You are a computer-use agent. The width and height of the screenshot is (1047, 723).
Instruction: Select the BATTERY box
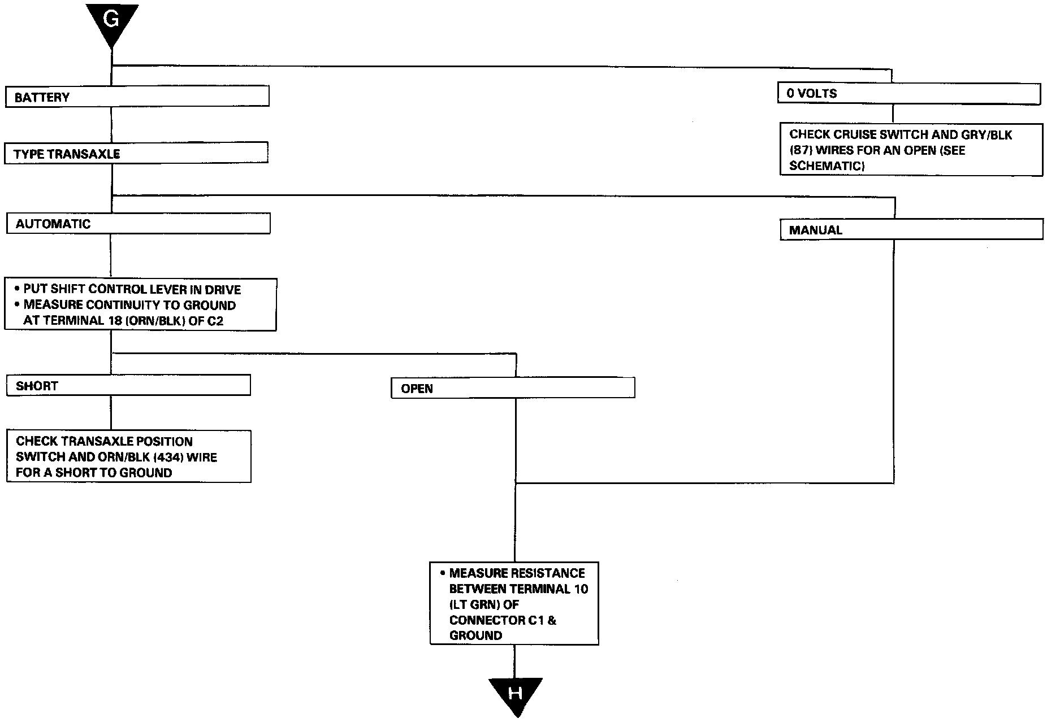137,96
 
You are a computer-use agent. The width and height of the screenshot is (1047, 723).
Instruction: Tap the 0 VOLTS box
909,94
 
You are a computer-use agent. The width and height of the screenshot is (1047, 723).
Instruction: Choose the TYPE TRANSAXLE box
136,153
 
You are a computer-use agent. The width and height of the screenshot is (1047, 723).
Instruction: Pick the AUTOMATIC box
139,223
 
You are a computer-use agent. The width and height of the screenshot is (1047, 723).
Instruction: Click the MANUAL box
912,229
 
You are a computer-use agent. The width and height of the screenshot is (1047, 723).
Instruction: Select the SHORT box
128,385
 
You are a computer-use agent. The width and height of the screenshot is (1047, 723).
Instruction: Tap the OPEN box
513,388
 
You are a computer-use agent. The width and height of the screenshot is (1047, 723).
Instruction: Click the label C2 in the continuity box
215,321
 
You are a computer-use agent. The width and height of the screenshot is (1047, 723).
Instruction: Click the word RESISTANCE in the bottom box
547,573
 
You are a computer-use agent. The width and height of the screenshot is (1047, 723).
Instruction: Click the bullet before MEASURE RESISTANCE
443,573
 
